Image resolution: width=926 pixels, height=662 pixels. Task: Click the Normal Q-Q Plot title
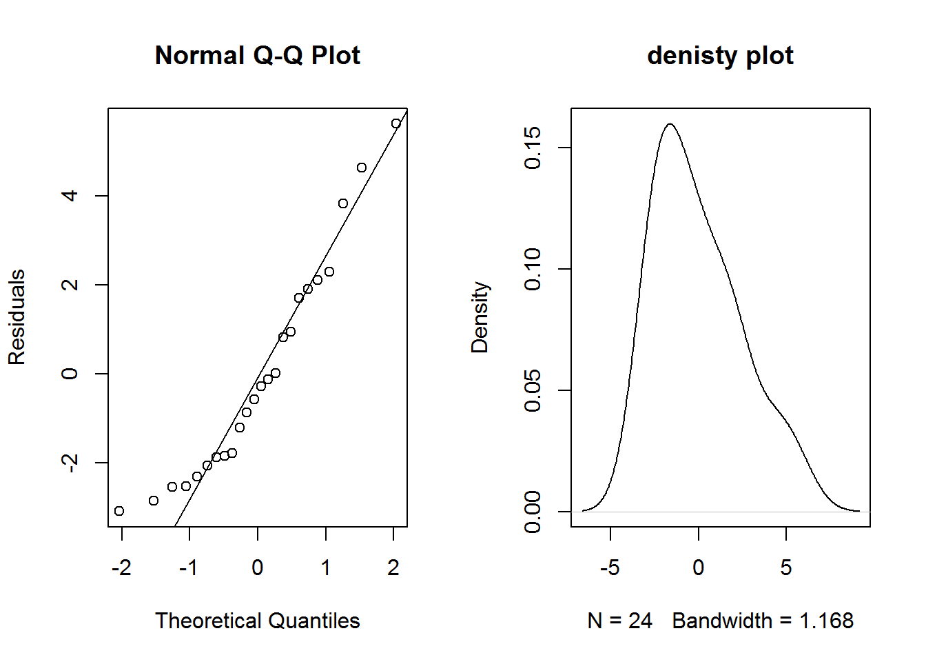(257, 55)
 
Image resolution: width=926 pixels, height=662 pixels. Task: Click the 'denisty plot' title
(720, 55)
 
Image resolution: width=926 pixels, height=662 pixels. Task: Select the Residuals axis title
(17, 317)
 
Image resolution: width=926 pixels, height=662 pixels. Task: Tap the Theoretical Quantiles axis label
(257, 621)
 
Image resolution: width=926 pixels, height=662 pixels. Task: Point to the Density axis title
(480, 317)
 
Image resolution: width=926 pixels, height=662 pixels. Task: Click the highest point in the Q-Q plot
(396, 123)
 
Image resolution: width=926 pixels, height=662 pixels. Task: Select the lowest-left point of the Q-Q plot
(119, 511)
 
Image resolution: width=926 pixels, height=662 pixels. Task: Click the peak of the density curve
(670, 124)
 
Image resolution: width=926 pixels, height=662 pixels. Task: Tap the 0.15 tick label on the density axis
(533, 148)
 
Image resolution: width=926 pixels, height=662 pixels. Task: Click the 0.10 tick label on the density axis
(533, 269)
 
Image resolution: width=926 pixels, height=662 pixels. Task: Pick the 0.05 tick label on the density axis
(533, 390)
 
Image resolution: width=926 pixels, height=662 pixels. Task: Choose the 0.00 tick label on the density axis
(533, 512)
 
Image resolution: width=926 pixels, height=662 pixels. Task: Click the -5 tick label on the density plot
(610, 568)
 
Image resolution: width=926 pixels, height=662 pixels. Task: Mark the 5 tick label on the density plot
(786, 568)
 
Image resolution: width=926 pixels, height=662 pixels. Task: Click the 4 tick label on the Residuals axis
(70, 196)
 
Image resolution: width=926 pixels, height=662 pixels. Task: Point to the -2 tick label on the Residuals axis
(70, 462)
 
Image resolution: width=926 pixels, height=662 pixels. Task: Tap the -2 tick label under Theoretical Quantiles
(121, 568)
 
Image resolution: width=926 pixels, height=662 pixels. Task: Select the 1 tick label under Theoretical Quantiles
(325, 568)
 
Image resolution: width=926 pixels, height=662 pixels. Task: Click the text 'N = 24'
(620, 621)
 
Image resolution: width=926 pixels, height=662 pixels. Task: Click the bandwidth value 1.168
(826, 621)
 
